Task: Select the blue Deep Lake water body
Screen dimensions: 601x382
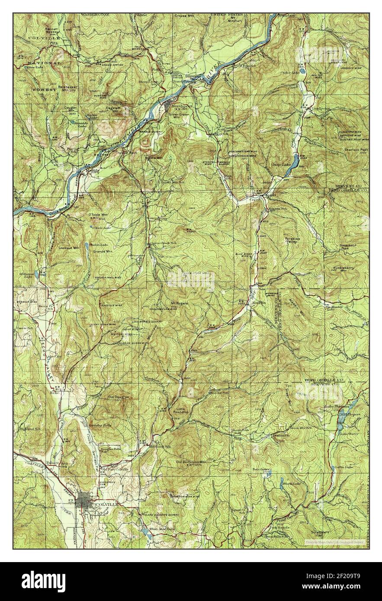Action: click(294, 162)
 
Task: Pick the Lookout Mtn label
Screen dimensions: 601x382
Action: click(71, 248)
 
